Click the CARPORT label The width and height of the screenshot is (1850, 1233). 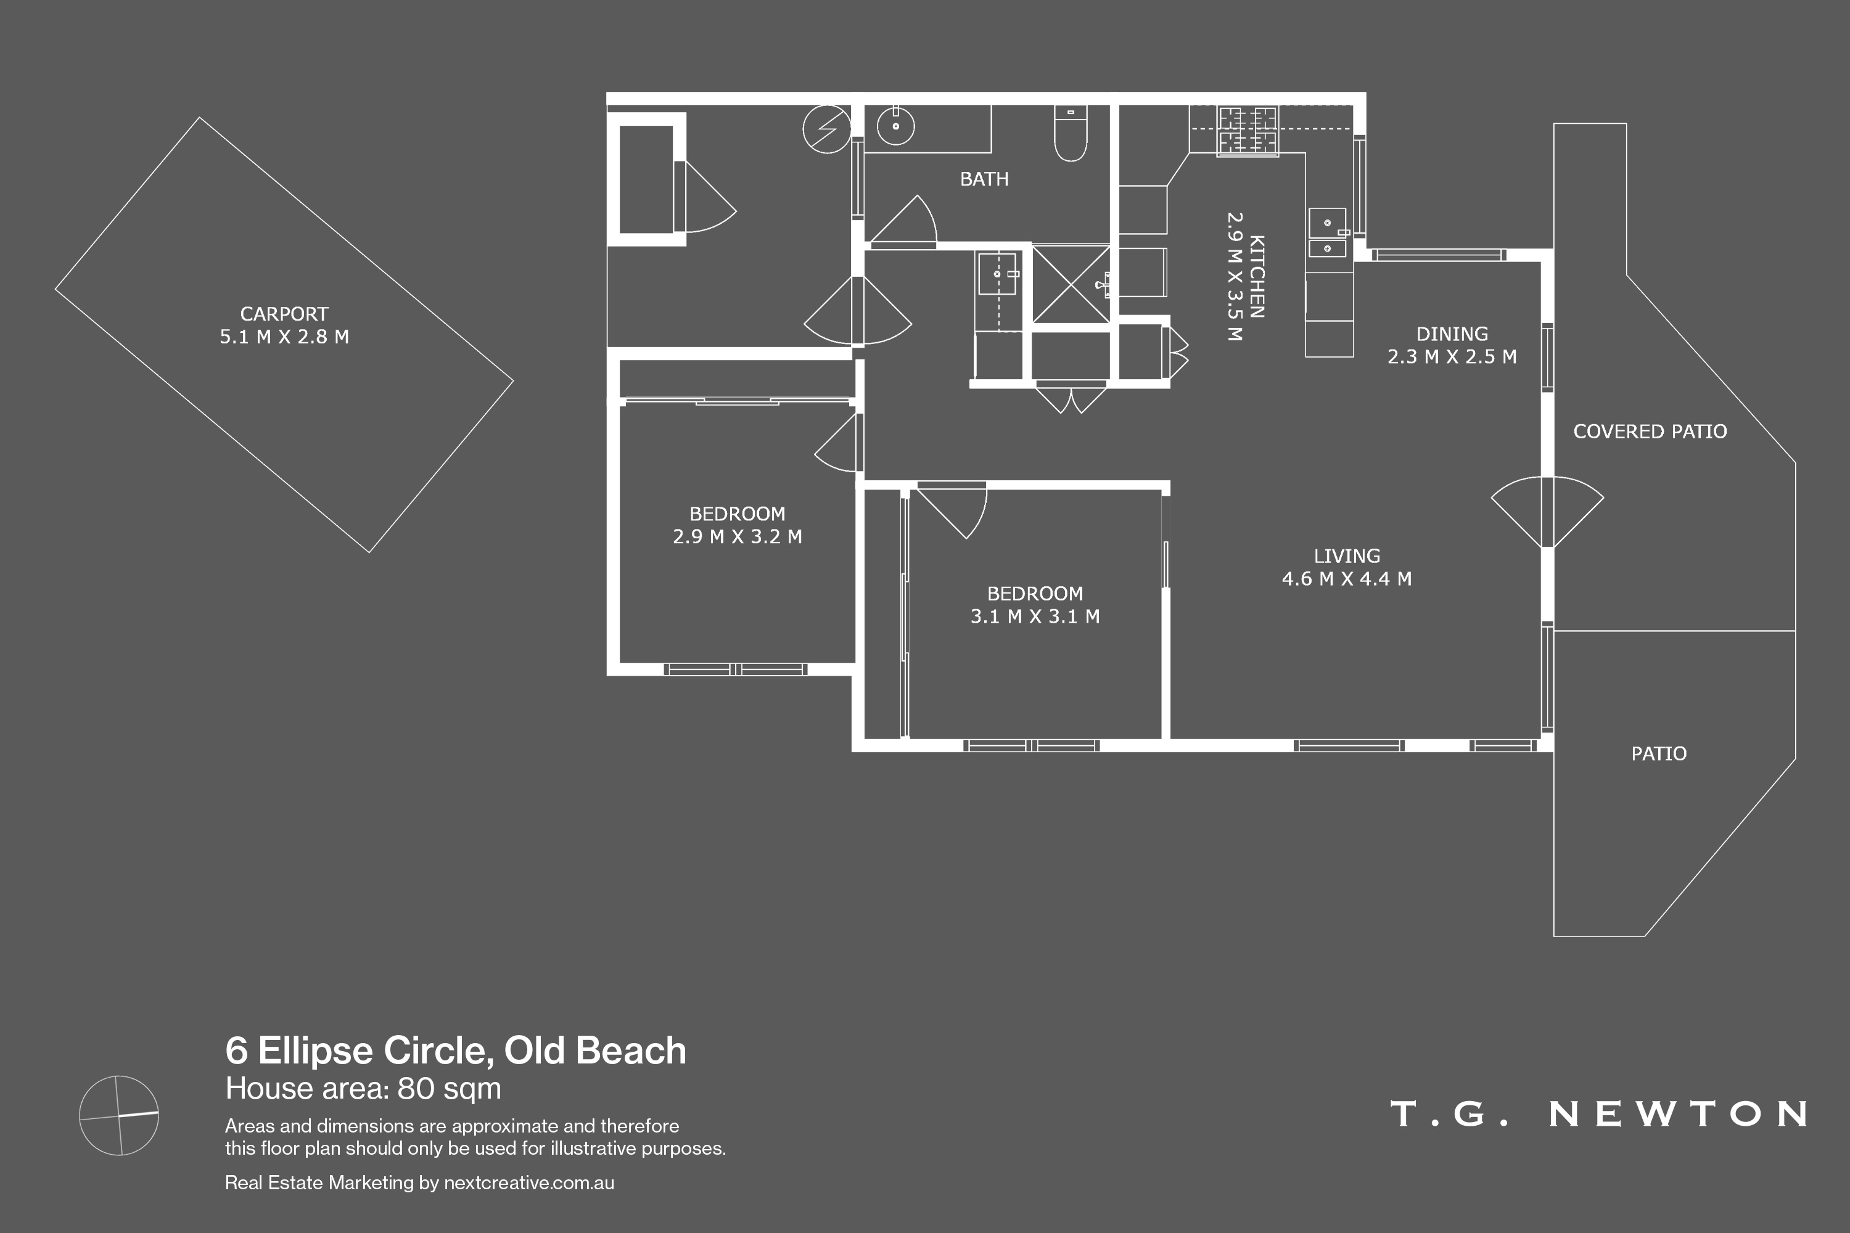tap(284, 314)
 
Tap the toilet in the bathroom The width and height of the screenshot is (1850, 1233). tap(1071, 133)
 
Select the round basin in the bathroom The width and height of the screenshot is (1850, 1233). tap(895, 125)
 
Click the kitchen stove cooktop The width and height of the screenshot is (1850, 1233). tap(1248, 131)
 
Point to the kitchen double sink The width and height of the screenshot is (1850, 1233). tap(1328, 233)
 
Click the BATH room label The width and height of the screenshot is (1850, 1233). tap(984, 179)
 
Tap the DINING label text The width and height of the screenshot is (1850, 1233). tap(1452, 334)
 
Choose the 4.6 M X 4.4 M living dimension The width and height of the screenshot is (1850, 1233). tap(1347, 579)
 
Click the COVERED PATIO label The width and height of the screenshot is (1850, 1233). tap(1650, 431)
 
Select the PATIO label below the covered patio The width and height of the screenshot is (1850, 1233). tap(1659, 753)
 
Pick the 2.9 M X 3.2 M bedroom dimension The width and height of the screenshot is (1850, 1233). tap(737, 536)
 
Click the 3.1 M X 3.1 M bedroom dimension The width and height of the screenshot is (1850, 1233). tap(1035, 616)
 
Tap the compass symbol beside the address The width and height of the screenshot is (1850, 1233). tap(120, 1115)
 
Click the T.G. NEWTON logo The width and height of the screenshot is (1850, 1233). tap(1599, 1113)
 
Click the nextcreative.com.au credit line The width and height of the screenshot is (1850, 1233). tap(419, 1182)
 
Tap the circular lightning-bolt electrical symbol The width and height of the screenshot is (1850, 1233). tap(827, 129)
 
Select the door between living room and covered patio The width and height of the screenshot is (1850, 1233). tap(1547, 512)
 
